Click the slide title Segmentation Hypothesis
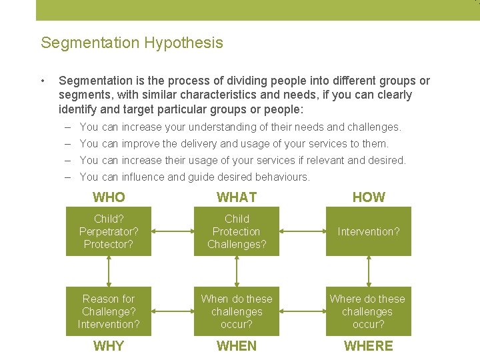pyautogui.click(x=131, y=43)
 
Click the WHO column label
pyautogui.click(x=109, y=197)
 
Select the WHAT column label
pyautogui.click(x=237, y=197)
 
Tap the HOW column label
pyautogui.click(x=369, y=197)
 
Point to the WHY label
pyautogui.click(x=109, y=346)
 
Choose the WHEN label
pyautogui.click(x=237, y=346)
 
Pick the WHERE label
pyautogui.click(x=369, y=346)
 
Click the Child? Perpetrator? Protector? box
pyautogui.click(x=109, y=231)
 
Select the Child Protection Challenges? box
pyautogui.click(x=237, y=231)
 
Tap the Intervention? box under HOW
pyautogui.click(x=369, y=231)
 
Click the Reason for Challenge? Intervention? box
pyautogui.click(x=109, y=311)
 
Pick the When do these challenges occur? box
pyautogui.click(x=237, y=311)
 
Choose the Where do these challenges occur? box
pyautogui.click(x=369, y=311)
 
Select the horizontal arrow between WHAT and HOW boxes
pyautogui.click(x=302, y=231)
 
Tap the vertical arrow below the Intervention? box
pyautogui.click(x=369, y=271)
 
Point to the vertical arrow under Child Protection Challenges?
pyautogui.click(x=237, y=271)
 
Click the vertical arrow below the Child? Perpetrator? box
pyautogui.click(x=109, y=271)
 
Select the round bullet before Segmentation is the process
pyautogui.click(x=43, y=81)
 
